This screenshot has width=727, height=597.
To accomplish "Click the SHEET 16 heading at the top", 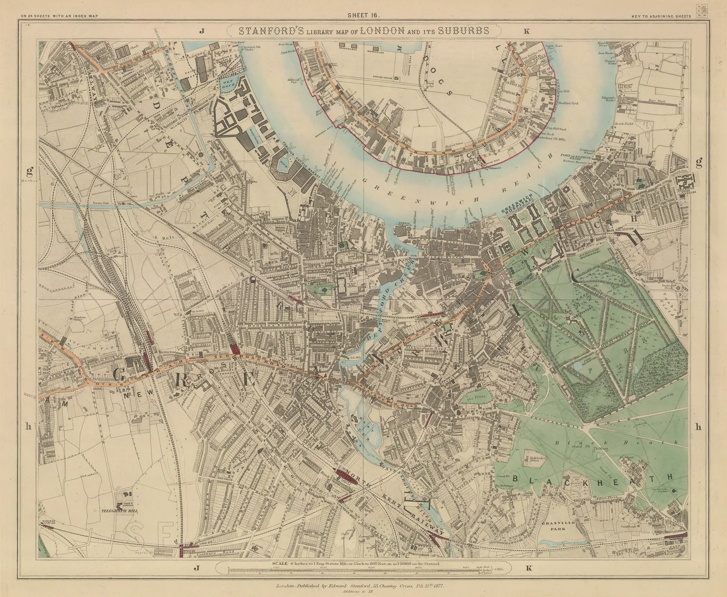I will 363,15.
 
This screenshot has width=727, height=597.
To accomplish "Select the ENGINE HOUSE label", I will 394,78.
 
